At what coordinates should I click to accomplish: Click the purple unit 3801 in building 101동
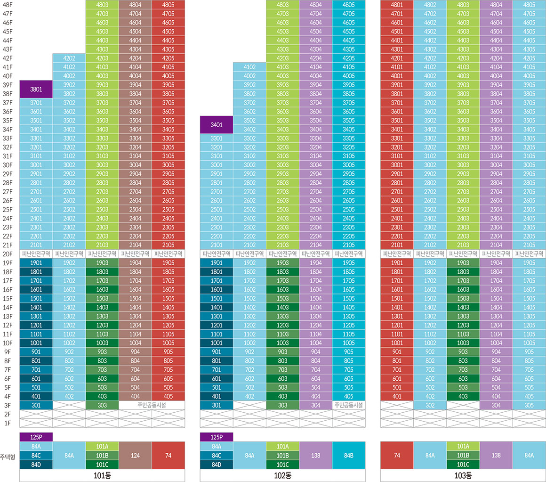pyautogui.click(x=36, y=89)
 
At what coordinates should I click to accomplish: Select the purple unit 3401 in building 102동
pyautogui.click(x=216, y=125)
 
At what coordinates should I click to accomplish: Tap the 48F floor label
pyautogui.click(x=8, y=4)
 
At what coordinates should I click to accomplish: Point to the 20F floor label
pyautogui.click(x=8, y=254)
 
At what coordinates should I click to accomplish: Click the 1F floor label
pyautogui.click(x=8, y=423)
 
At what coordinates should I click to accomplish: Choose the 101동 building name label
pyautogui.click(x=102, y=475)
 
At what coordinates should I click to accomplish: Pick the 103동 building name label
pyautogui.click(x=463, y=475)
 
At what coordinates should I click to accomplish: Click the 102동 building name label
pyautogui.click(x=282, y=475)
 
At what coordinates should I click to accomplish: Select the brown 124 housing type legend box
pyautogui.click(x=135, y=455)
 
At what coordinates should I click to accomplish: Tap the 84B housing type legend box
pyautogui.click(x=348, y=455)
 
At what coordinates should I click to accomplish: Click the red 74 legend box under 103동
pyautogui.click(x=397, y=455)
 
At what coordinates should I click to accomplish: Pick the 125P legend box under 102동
pyautogui.click(x=216, y=437)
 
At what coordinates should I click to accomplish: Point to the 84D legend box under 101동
pyautogui.click(x=36, y=465)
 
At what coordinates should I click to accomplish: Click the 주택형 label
pyautogui.click(x=8, y=455)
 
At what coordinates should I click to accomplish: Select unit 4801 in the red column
pyautogui.click(x=397, y=4)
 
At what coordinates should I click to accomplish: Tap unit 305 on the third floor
pyautogui.click(x=529, y=405)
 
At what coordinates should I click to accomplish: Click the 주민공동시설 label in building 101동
pyautogui.click(x=152, y=405)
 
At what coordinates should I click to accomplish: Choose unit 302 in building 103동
pyautogui.click(x=430, y=405)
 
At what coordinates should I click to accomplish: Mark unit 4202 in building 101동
pyautogui.click(x=69, y=58)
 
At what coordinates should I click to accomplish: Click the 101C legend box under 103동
pyautogui.click(x=463, y=465)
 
